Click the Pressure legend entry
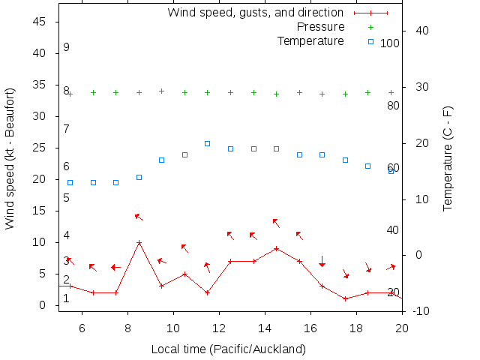tap(321, 27)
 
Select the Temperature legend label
tap(310, 40)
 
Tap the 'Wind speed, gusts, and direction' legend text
tap(255, 13)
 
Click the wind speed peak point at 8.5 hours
tap(139, 242)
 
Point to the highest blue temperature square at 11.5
tap(208, 143)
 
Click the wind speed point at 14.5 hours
tap(277, 248)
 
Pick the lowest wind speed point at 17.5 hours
tap(345, 298)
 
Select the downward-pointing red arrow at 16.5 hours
tap(322, 261)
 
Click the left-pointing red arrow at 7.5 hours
tap(115, 267)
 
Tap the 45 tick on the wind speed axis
tap(41, 22)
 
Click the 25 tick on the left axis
tap(41, 148)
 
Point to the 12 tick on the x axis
tap(219, 326)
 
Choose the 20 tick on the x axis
tap(402, 326)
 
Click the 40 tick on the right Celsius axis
tap(421, 31)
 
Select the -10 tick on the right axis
tap(421, 311)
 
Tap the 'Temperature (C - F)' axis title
tap(448, 158)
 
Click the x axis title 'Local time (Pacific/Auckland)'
tap(228, 349)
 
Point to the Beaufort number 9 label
tap(66, 47)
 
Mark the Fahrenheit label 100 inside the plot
tap(390, 43)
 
